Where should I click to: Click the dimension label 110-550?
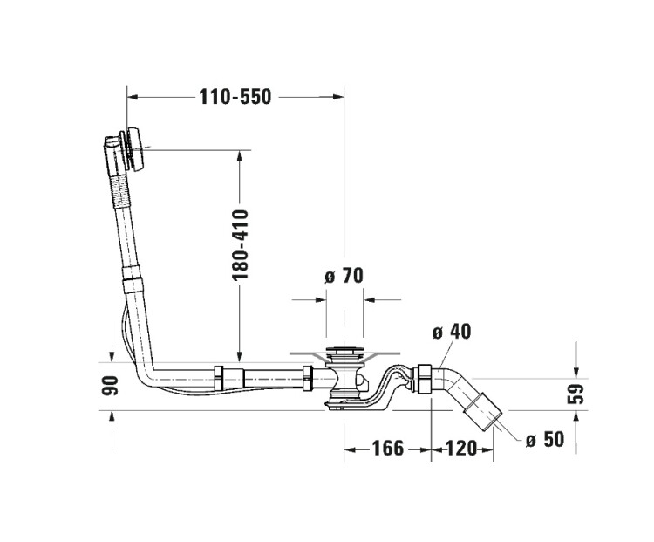235,97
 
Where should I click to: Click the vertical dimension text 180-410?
240,244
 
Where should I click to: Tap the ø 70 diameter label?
344,276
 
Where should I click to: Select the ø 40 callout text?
452,332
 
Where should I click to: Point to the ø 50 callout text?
545,439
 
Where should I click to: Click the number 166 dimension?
388,449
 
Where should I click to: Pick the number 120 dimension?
461,449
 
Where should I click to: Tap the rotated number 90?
110,386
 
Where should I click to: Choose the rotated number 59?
576,394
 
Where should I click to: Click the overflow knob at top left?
136,148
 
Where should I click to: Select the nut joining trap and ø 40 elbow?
424,378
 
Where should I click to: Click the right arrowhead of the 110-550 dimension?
338,97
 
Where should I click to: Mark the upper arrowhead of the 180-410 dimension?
240,155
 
